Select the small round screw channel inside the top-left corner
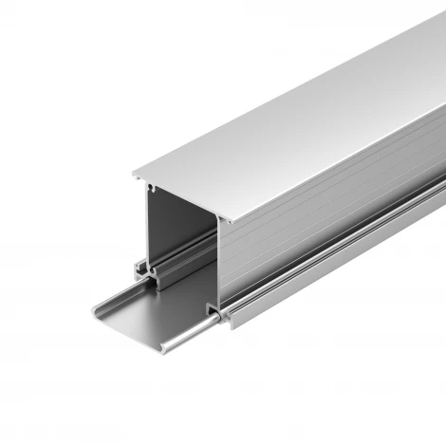point(151,189)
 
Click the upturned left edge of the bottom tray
point(94,307)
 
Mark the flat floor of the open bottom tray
point(142,313)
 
